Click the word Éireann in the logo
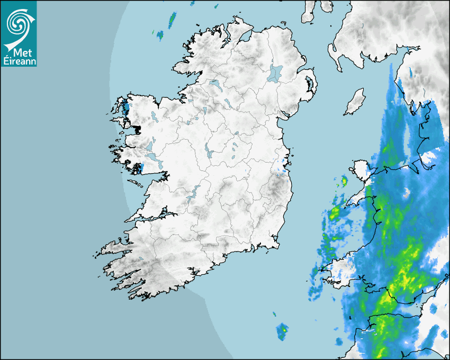(x=20, y=61)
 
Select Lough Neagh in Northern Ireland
(x=275, y=73)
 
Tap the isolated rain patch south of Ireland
(x=283, y=331)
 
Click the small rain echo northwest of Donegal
(x=172, y=21)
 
